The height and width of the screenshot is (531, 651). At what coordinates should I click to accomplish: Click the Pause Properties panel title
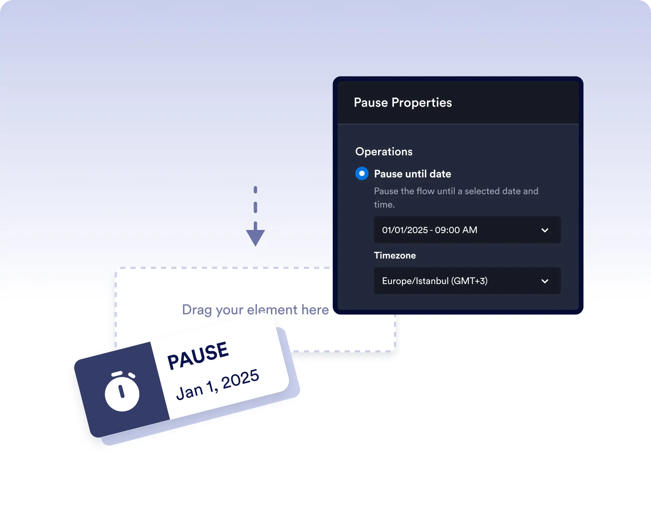403,103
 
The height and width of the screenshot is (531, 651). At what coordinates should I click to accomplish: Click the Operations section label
384,152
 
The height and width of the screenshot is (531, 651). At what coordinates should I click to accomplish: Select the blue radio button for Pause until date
362,174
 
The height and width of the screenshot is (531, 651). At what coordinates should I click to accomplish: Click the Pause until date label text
413,174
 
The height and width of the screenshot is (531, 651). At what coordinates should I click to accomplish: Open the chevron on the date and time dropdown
545,230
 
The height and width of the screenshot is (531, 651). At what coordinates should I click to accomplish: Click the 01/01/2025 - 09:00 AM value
430,230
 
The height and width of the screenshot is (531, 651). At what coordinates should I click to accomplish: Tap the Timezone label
395,255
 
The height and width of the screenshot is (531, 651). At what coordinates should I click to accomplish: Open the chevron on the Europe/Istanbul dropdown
545,281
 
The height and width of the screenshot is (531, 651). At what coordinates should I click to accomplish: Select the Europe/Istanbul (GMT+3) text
435,281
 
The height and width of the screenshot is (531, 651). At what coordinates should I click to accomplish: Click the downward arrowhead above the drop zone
256,237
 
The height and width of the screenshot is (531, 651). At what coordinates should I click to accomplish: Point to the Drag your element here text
255,310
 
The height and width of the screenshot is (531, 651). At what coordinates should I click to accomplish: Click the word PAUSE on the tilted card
198,355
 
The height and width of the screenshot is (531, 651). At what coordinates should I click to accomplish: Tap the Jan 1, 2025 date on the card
218,384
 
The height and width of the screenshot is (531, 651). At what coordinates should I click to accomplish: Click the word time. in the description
384,204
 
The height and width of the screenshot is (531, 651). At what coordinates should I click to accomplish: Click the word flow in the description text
426,191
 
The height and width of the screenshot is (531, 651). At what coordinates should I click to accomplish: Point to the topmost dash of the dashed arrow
256,190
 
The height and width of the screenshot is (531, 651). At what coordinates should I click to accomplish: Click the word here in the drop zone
315,310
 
